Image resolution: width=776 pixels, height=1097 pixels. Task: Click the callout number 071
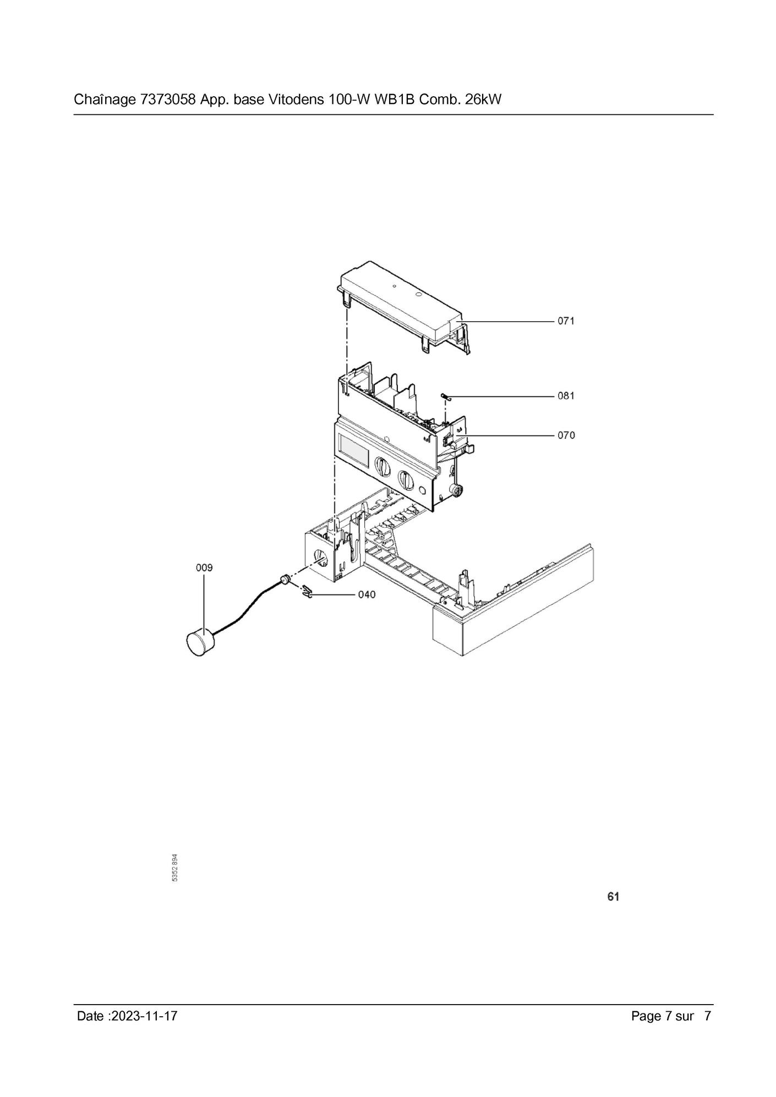coord(566,321)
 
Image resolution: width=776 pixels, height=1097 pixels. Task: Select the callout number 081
coord(566,395)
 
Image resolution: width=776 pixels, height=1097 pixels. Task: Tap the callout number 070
coord(566,435)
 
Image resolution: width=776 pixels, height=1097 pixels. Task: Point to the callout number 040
coord(367,594)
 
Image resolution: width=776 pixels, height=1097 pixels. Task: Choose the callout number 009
coord(204,567)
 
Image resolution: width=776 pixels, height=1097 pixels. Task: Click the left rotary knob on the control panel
coord(382,467)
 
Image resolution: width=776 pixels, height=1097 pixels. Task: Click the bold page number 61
coord(613,897)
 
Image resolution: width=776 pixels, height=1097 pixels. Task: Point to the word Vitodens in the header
coord(296,100)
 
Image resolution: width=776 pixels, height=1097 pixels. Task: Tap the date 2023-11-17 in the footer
coord(144,1016)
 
